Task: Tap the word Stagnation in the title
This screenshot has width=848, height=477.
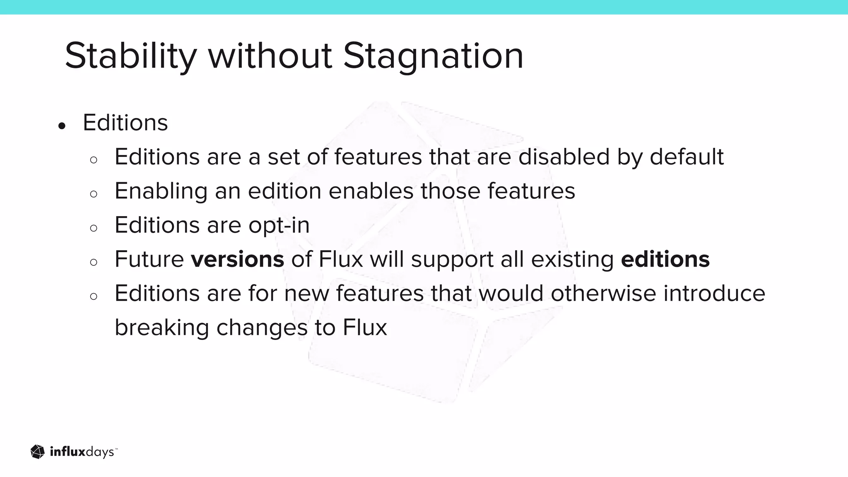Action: (433, 56)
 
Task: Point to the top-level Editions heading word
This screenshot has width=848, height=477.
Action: (125, 123)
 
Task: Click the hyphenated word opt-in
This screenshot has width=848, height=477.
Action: (279, 226)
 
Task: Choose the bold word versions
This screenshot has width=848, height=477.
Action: (237, 260)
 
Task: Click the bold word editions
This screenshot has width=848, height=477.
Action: (665, 260)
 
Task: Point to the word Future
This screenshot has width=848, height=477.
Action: (149, 260)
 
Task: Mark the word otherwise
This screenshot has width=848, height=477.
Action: (603, 294)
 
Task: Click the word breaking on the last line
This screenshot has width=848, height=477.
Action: (162, 328)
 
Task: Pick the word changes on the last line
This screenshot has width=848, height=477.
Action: (262, 328)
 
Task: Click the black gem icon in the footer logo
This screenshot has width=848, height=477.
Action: (38, 452)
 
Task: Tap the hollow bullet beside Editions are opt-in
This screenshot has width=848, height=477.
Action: (94, 228)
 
